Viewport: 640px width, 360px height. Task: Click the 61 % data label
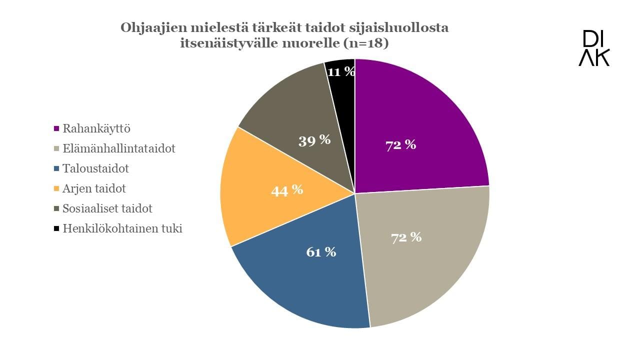(x=320, y=252)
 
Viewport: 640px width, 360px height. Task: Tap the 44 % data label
(x=286, y=190)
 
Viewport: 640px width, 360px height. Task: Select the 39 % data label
(x=314, y=140)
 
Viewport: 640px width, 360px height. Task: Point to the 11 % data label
(x=341, y=72)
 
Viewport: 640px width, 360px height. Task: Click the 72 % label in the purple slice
(x=400, y=145)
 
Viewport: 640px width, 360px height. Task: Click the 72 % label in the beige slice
(x=406, y=237)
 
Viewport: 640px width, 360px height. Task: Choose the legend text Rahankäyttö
(x=96, y=128)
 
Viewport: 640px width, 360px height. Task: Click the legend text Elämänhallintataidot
(x=119, y=148)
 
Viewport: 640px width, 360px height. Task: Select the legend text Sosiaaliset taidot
(x=107, y=208)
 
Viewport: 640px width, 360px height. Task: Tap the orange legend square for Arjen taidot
(x=57, y=189)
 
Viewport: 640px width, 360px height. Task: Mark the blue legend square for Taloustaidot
(x=57, y=169)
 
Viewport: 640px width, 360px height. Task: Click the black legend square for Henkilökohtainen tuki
(x=57, y=229)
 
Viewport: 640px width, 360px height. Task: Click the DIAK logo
(x=594, y=48)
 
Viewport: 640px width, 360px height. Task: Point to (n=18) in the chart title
(x=364, y=43)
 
